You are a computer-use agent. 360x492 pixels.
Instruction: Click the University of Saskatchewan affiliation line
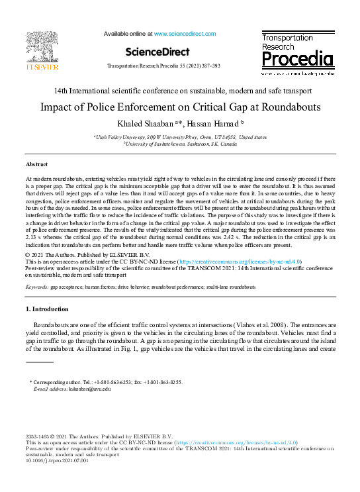pos(180,143)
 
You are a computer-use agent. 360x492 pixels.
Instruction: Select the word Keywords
pos(36,287)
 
